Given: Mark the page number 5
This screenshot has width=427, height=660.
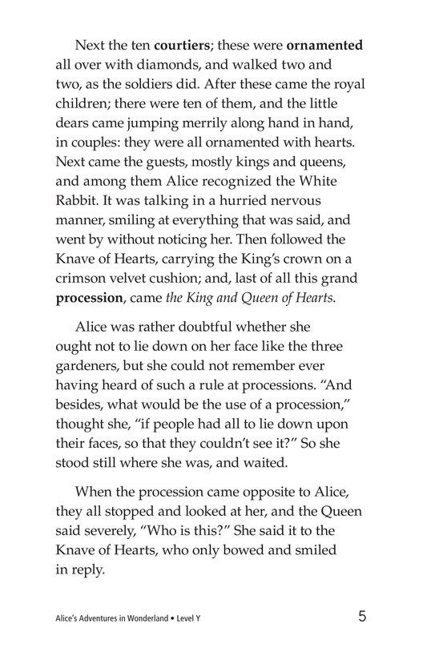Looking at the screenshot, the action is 363,618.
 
